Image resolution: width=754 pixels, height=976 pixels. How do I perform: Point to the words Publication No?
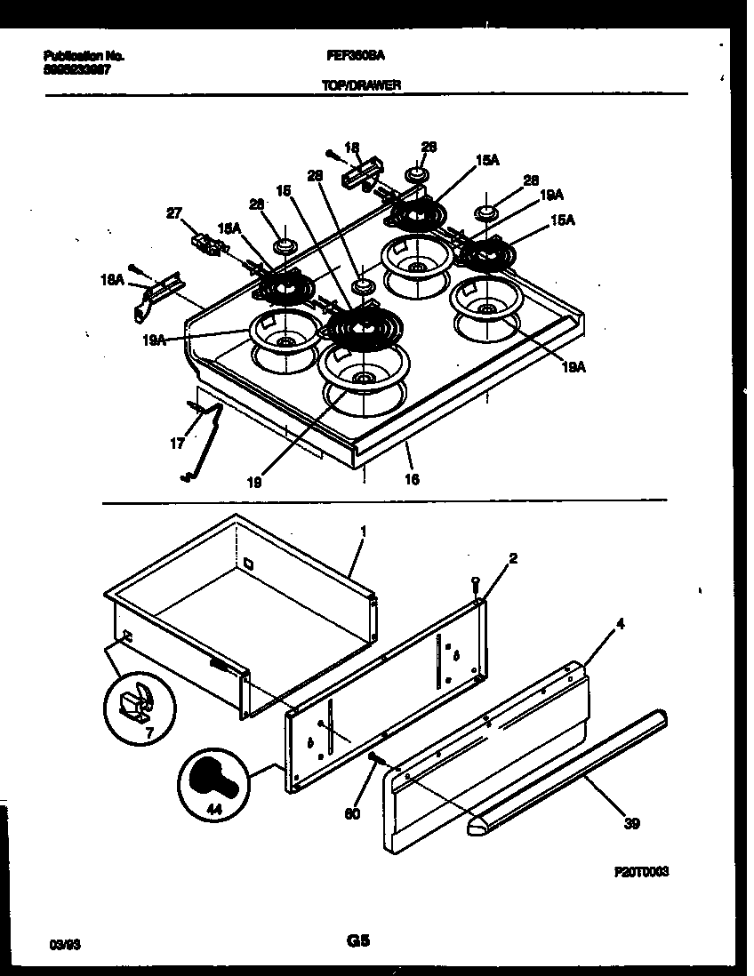84,55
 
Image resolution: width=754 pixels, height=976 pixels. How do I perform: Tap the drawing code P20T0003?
640,874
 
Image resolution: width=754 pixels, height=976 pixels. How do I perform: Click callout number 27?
175,212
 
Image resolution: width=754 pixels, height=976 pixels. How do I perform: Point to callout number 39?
631,823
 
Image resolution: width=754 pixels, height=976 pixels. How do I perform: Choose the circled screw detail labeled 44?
214,783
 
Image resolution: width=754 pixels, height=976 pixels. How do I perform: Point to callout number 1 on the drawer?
362,531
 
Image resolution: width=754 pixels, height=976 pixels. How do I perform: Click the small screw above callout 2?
476,582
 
